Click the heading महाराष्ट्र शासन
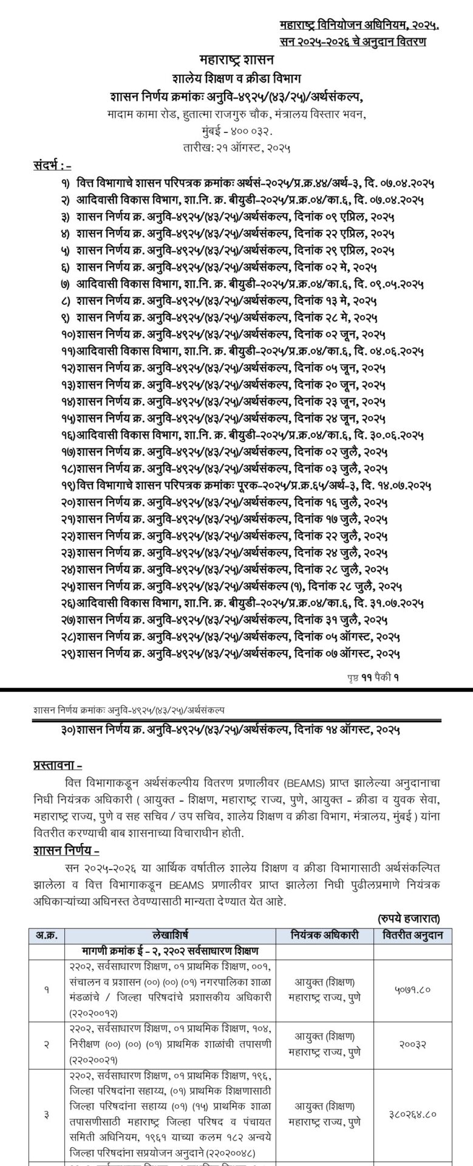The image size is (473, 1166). pos(237,60)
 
